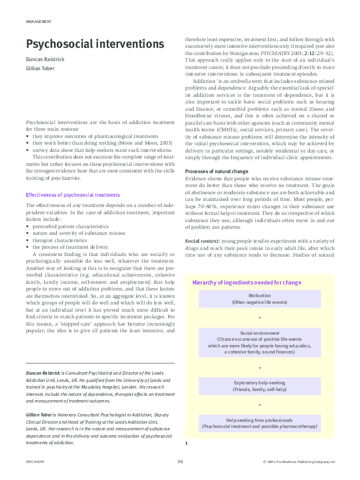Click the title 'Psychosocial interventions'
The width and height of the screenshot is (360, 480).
click(x=94, y=44)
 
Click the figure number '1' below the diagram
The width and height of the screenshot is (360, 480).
click(x=187, y=444)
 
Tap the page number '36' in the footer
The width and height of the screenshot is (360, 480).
click(x=180, y=461)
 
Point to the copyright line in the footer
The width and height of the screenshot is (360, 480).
click(x=299, y=462)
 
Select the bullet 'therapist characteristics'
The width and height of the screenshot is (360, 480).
click(x=64, y=239)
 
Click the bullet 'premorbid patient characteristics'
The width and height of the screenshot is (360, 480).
click(x=73, y=225)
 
